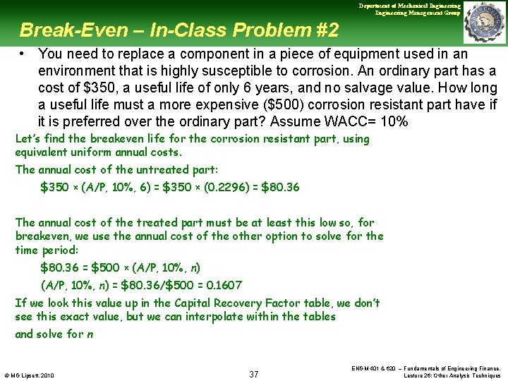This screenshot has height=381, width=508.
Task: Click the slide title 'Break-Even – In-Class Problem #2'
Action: [179, 30]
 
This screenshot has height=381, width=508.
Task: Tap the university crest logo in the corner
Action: [483, 21]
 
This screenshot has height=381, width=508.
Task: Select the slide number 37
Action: [254, 374]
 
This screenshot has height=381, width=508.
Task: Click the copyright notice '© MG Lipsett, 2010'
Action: [29, 375]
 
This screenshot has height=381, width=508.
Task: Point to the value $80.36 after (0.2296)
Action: [280, 188]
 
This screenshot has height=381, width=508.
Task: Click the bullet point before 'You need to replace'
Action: [23, 54]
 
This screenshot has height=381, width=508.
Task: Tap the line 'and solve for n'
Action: [54, 334]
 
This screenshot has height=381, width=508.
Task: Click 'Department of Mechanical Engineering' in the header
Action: [410, 6]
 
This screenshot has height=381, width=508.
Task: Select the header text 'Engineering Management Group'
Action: [418, 13]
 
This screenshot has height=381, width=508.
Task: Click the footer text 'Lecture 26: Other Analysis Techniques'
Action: [452, 375]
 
